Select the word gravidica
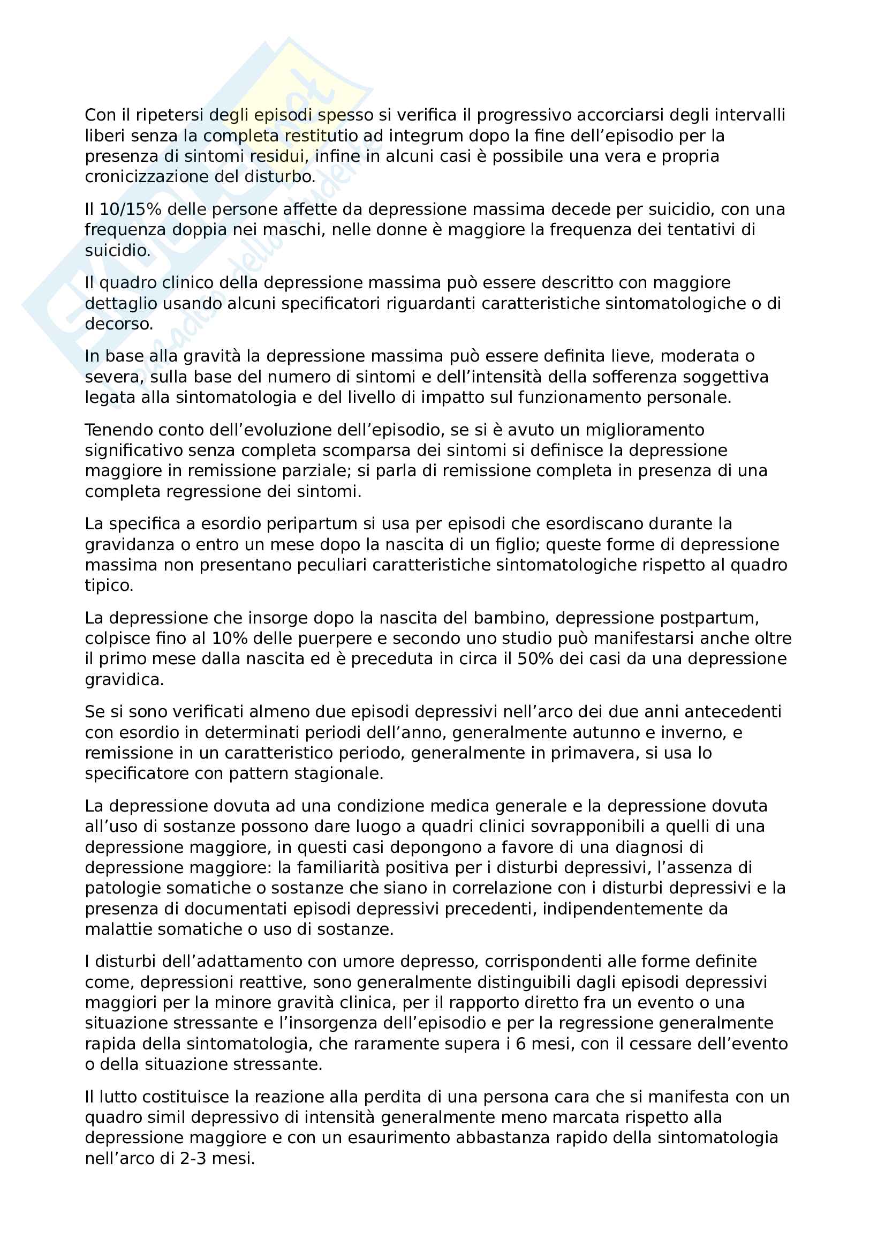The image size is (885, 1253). point(124,680)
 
